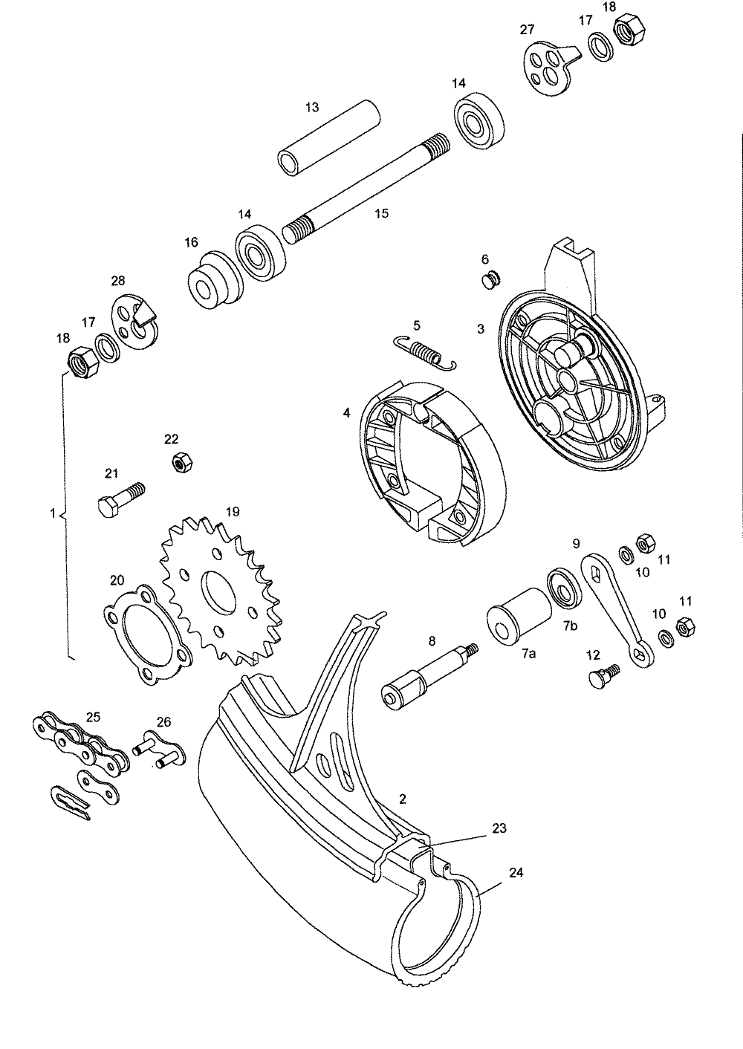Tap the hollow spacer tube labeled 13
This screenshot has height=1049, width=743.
tap(328, 138)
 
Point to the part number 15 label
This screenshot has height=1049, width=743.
tap(381, 213)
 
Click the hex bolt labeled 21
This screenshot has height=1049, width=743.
tap(120, 499)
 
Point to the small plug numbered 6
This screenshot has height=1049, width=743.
tap(489, 281)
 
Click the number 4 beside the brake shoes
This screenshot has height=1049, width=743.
tap(346, 412)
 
